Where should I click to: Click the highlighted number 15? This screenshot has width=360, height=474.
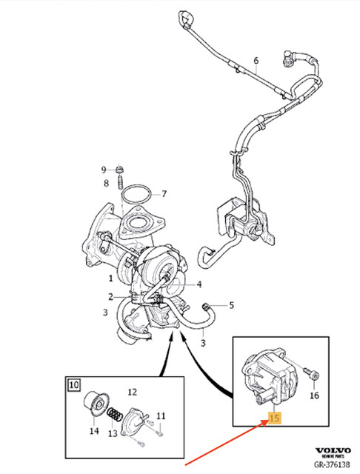[x=275, y=419]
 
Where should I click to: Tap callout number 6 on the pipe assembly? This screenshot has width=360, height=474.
[x=256, y=60]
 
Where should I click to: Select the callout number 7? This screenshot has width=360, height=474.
[x=164, y=195]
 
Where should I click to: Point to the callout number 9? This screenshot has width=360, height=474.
[x=104, y=170]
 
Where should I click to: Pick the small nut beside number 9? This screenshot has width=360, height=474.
[x=119, y=170]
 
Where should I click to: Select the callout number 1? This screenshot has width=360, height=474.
[x=110, y=279]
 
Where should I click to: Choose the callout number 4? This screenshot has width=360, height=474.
[x=199, y=284]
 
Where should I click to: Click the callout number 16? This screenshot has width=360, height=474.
[x=313, y=397]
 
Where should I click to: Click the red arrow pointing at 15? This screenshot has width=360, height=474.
[x=222, y=447]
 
